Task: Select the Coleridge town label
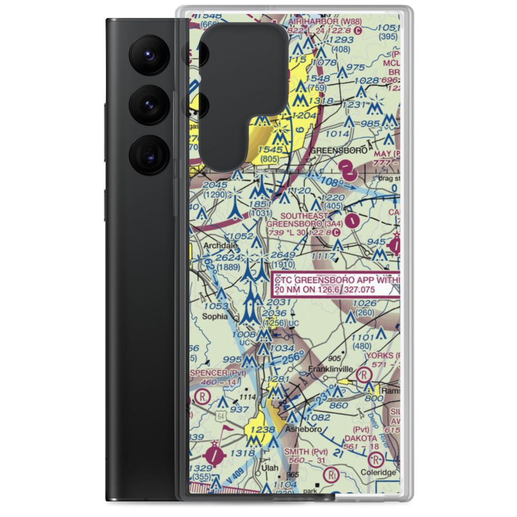pyautogui.click(x=382, y=472)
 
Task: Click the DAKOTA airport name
pyautogui.click(x=365, y=438)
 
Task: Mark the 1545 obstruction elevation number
pyautogui.click(x=272, y=149)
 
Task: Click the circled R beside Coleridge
pyautogui.click(x=376, y=459)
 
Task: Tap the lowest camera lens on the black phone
pyautogui.click(x=147, y=154)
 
